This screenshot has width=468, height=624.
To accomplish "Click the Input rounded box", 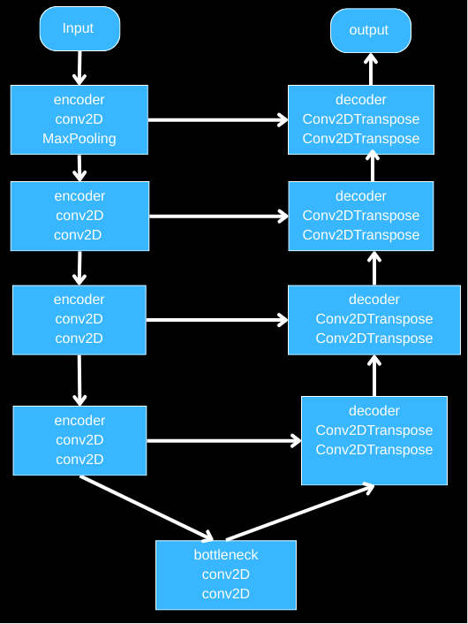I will click(79, 29).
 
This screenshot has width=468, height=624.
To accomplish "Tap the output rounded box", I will click(370, 31).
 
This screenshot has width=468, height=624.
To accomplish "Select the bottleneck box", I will click(226, 575).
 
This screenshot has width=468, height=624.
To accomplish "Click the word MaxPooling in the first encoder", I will click(79, 139).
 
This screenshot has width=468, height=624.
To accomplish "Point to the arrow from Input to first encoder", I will click(79, 67).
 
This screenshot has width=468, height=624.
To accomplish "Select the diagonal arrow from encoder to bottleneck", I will click(147, 508).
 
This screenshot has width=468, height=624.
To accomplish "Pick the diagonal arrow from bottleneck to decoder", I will click(300, 512).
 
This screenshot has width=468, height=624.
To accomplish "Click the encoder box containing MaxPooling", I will click(79, 119).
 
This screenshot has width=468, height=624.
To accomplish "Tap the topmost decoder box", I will click(361, 119).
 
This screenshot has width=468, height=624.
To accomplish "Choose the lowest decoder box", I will click(374, 440).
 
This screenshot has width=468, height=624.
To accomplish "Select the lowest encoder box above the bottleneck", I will click(79, 440).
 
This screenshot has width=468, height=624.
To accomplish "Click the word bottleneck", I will click(226, 555).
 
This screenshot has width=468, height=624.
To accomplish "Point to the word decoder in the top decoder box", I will click(361, 100).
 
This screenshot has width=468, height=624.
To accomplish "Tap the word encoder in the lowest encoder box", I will click(79, 421).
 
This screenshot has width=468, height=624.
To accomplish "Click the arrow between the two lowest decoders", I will click(374, 375).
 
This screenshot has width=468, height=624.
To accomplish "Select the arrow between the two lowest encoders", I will click(79, 380).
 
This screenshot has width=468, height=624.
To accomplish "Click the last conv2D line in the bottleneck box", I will click(226, 594).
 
